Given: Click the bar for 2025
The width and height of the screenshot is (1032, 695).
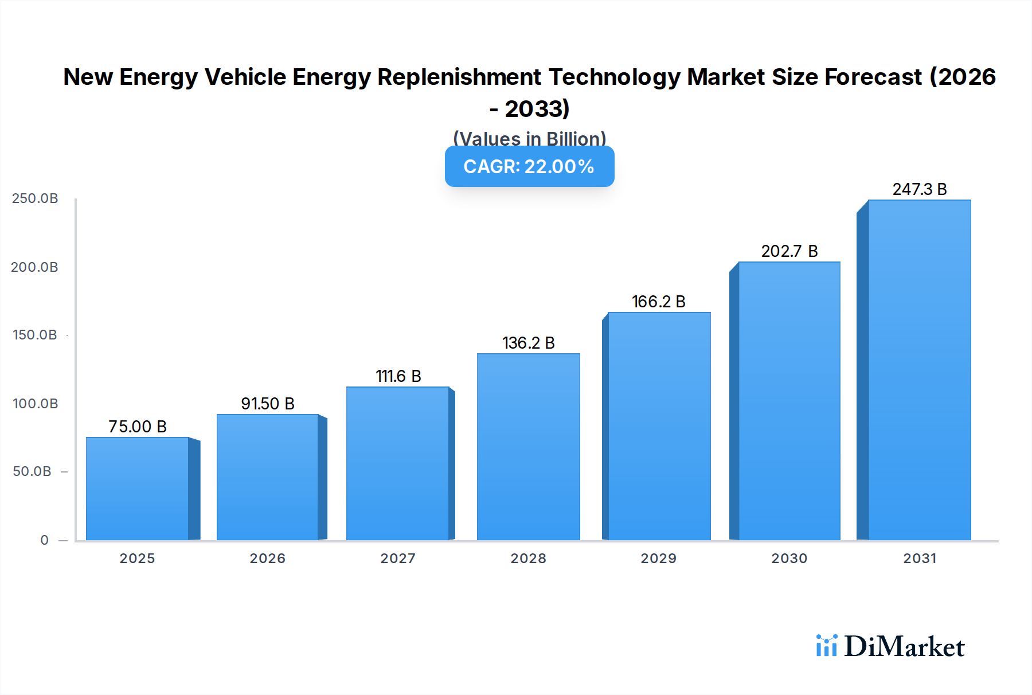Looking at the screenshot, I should [x=138, y=489].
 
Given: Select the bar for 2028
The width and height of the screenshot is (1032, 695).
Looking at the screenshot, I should [x=528, y=447].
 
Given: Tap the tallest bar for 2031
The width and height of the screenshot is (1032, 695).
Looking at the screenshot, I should [x=919, y=370].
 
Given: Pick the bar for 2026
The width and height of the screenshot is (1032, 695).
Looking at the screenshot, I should [x=267, y=477].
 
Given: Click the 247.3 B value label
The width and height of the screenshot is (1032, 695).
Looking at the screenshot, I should [x=919, y=189].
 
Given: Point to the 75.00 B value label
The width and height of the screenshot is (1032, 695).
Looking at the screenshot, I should [x=138, y=427].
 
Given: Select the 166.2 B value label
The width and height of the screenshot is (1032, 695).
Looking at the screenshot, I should [x=658, y=302].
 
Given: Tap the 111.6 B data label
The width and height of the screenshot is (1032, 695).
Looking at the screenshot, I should [x=398, y=376].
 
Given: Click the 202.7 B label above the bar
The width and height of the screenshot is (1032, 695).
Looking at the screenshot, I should [x=789, y=251].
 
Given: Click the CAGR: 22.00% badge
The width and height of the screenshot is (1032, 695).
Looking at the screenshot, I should [x=529, y=166].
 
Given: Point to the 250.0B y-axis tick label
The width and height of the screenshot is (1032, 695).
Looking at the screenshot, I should [x=35, y=198].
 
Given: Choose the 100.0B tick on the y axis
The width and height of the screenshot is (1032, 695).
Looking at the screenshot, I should [x=35, y=404].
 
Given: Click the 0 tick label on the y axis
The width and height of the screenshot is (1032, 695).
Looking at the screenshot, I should [x=44, y=540].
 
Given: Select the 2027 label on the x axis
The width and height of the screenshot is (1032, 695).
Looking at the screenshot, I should [x=398, y=559].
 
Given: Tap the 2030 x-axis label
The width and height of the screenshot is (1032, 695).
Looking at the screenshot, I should [x=789, y=559].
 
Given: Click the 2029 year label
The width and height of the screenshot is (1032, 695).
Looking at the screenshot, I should [x=658, y=559].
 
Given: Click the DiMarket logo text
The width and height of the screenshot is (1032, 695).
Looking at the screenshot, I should [x=904, y=647].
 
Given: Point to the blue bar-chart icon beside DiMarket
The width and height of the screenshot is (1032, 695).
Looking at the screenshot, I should [x=826, y=646].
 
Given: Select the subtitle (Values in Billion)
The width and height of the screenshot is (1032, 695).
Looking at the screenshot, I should [x=529, y=138].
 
